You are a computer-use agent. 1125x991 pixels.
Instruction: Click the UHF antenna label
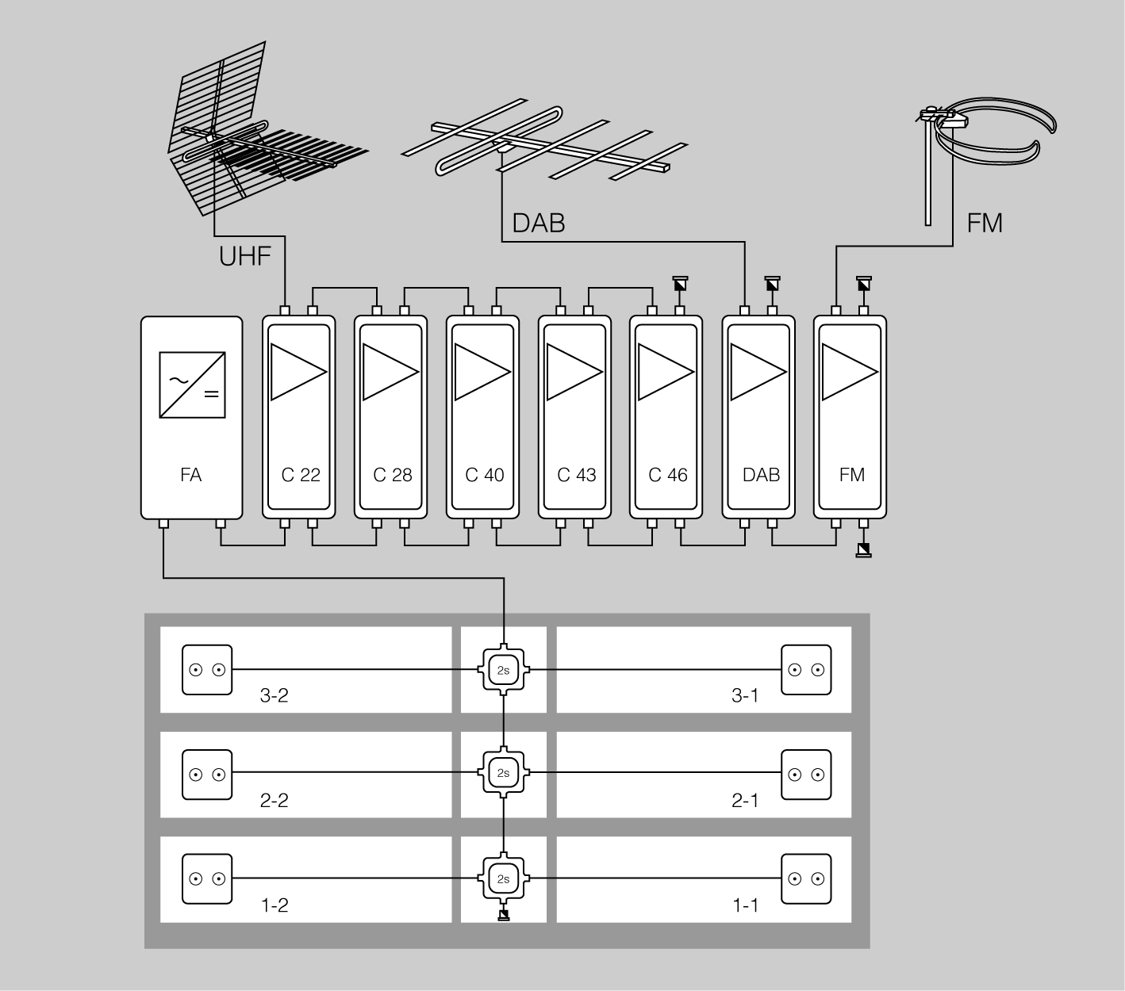point(244,256)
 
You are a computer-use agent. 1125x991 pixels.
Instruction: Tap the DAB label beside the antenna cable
point(538,223)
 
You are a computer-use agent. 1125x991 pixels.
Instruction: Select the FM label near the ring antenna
point(985,223)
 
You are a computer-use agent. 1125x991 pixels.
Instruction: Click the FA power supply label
point(190,475)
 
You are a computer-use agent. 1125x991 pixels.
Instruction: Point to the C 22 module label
point(301,475)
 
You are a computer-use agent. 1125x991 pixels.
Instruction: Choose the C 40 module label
point(485,475)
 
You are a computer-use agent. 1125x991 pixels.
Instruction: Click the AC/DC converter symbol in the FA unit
point(191,385)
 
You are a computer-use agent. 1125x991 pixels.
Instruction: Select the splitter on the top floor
point(504,670)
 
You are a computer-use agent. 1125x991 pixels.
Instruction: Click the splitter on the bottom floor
point(504,878)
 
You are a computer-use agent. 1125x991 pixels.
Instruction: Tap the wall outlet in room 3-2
point(207,670)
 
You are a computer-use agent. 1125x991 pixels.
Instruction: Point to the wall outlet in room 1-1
point(806,878)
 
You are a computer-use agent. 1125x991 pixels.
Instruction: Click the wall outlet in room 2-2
point(207,774)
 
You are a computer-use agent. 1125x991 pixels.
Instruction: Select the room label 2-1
point(744,801)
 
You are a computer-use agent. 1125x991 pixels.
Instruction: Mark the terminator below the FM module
point(864,550)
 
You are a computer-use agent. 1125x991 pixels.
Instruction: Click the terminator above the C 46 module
point(680,283)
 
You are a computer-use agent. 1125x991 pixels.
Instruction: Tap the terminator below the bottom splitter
point(504,916)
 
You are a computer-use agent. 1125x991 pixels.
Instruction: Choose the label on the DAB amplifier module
point(761,475)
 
